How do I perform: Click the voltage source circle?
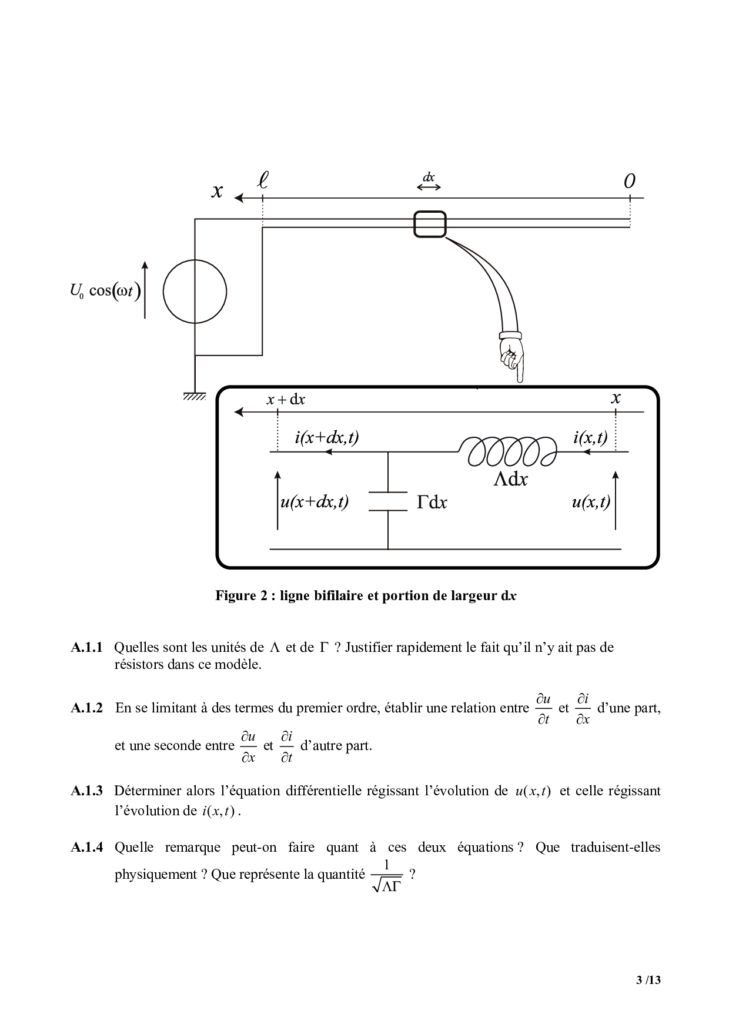[x=195, y=292]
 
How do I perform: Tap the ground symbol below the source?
[x=194, y=396]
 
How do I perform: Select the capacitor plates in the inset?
[x=388, y=501]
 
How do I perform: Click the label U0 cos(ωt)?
[x=105, y=291]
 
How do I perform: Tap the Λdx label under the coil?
[x=510, y=480]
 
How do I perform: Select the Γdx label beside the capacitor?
[x=432, y=503]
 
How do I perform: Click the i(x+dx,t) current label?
[x=326, y=437]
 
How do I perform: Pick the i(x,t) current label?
[x=590, y=437]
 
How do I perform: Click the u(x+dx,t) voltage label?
[x=315, y=502]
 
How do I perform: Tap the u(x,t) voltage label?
[x=590, y=502]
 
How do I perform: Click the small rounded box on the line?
[x=430, y=225]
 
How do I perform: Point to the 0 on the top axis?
[x=629, y=182]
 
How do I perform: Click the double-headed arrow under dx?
[x=429, y=187]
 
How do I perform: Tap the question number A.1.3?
[x=87, y=791]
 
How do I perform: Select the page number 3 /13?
[x=648, y=980]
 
